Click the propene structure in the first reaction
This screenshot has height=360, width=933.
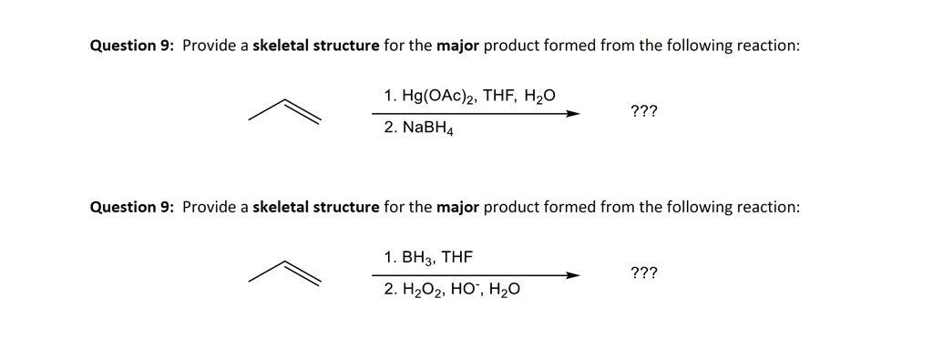[x=285, y=111]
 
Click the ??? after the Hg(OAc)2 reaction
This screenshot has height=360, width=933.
[x=643, y=111]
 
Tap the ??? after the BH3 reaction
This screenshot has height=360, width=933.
[x=643, y=273]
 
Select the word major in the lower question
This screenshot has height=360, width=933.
[x=457, y=207]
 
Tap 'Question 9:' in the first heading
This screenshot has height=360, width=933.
[x=132, y=46]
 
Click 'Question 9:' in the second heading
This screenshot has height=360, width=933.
[x=132, y=207]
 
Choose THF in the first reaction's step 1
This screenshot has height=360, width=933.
[x=499, y=96]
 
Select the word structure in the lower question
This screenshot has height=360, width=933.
[x=345, y=207]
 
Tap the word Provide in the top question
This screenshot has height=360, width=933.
[x=210, y=46]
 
